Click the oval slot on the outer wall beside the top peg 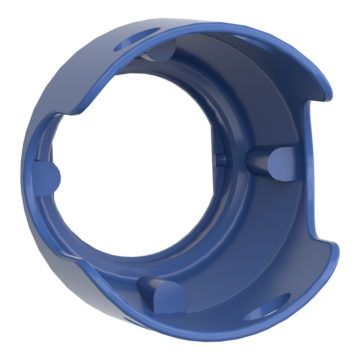pyautogui.click(x=135, y=40)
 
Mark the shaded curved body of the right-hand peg pyautogui.click(x=257, y=162)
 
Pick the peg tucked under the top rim pyautogui.click(x=160, y=51)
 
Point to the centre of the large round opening pyautogui.click(x=135, y=165)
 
